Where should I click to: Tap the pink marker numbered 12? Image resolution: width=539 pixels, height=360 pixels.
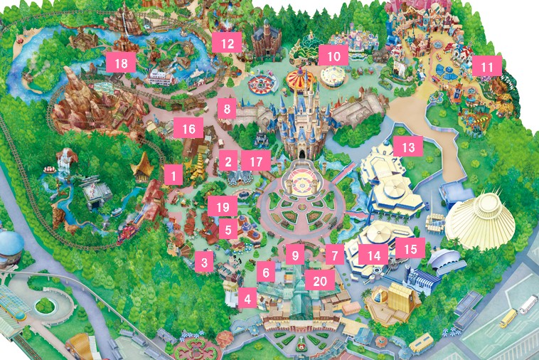pyautogui.click(x=228, y=43)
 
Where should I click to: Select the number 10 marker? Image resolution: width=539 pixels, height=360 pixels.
pyautogui.click(x=334, y=55)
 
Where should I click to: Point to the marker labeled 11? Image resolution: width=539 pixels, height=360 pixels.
pyautogui.click(x=487, y=67)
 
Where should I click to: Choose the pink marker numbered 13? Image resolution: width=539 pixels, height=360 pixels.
pyautogui.click(x=407, y=147)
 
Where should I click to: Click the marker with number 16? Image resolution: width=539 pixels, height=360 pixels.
pyautogui.click(x=188, y=129)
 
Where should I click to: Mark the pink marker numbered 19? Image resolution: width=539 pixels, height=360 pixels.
pyautogui.click(x=223, y=207)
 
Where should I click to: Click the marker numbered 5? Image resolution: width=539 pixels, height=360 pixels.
pyautogui.click(x=228, y=229)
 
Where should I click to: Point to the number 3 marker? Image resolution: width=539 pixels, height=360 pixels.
pyautogui.click(x=204, y=263)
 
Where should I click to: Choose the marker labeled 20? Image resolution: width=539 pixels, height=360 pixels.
pyautogui.click(x=320, y=280)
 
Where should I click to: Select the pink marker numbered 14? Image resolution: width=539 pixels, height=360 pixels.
pyautogui.click(x=374, y=254)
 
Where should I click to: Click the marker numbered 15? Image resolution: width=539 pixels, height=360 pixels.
pyautogui.click(x=410, y=248)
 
